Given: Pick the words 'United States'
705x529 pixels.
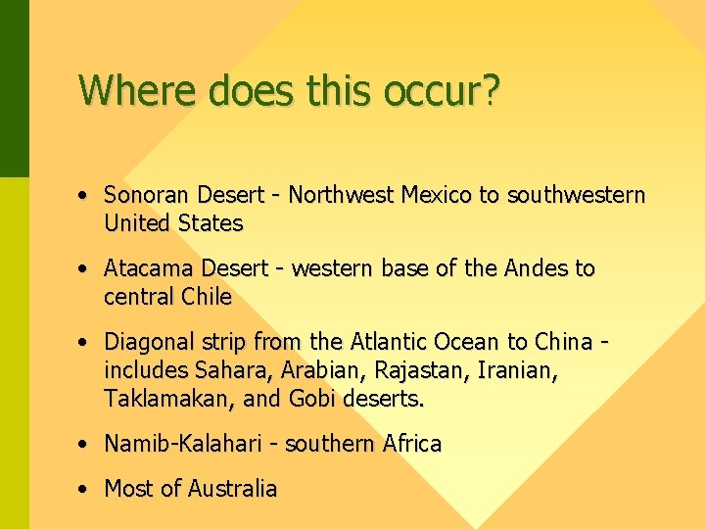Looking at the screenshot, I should tap(172, 223).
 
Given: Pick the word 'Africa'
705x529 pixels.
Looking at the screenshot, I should tap(405, 444).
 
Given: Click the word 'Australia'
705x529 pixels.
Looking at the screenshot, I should tap(231, 488).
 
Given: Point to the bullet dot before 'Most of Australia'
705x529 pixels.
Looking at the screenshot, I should tap(86, 488).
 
